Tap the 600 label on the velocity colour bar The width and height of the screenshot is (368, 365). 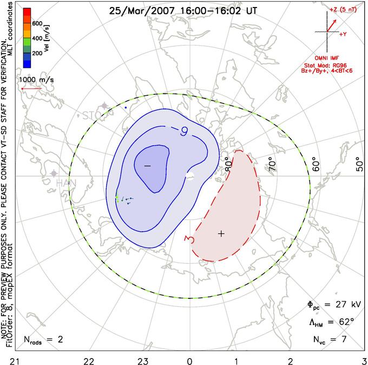(37, 23)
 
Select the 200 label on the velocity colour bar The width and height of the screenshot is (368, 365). (37, 54)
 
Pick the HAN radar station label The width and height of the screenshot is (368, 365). (65, 184)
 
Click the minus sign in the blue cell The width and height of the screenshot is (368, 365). (147, 165)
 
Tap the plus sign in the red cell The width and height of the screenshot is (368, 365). (221, 233)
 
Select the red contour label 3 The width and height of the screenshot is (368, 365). (189, 238)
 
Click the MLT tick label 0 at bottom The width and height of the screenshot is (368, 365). (189, 360)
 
